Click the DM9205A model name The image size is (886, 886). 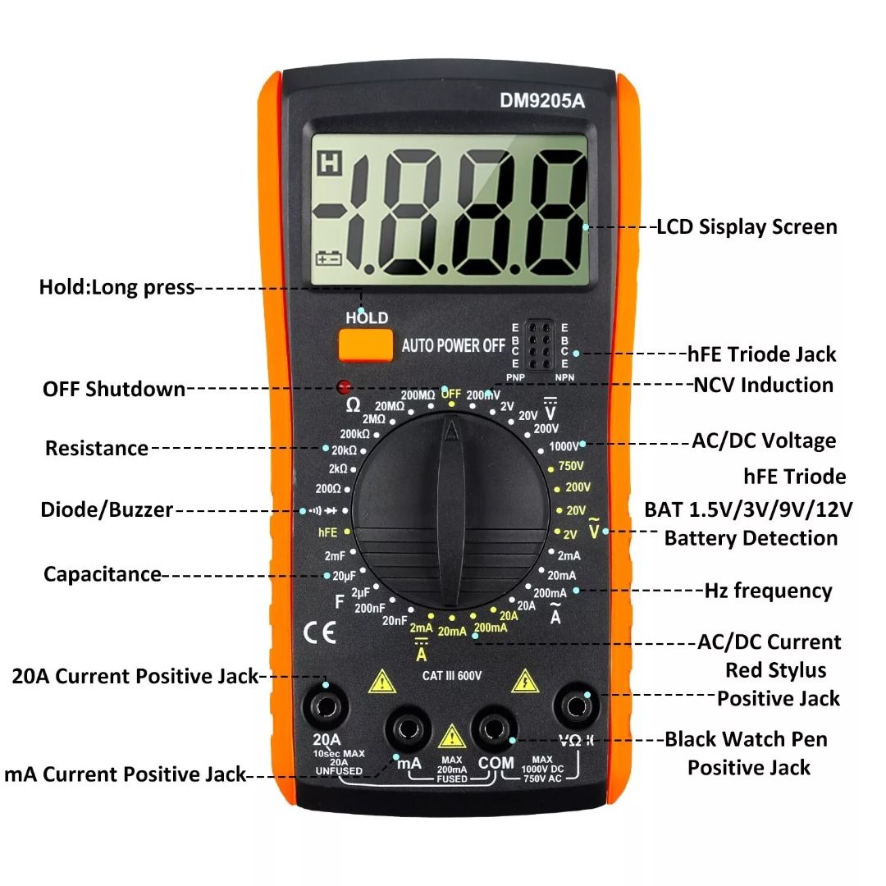[x=542, y=101]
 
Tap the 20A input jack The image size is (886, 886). [x=326, y=707]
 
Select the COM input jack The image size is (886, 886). [x=493, y=729]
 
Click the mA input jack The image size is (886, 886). [x=408, y=729]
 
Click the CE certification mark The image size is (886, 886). [x=320, y=633]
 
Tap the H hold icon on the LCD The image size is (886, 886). [x=330, y=163]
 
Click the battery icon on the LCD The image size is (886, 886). [x=328, y=258]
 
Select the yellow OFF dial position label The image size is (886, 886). [x=451, y=393]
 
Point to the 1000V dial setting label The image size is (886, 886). [x=564, y=446]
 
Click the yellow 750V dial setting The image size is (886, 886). [x=571, y=466]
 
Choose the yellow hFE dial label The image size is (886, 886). [x=327, y=532]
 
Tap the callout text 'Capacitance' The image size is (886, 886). [x=103, y=574]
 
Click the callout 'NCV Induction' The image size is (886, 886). [x=764, y=385]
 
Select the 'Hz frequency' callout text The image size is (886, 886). [x=769, y=591]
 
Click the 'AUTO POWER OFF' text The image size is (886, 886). [x=453, y=345]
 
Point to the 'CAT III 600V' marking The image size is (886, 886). [x=451, y=676]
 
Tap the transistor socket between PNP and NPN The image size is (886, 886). [x=540, y=345]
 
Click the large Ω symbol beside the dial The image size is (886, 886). [x=353, y=405]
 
